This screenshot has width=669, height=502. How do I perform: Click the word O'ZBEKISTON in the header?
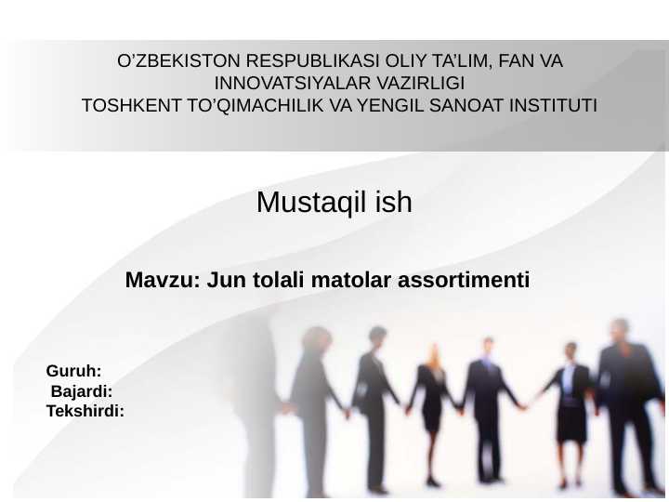pyautogui.click(x=162, y=62)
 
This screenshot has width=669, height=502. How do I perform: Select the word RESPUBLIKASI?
pyautogui.click(x=278, y=62)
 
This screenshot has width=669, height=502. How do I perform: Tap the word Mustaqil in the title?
pyautogui.click(x=299, y=202)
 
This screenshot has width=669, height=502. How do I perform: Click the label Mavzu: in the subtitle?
pyautogui.click(x=162, y=279)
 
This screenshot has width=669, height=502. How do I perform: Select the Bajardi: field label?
pyautogui.click(x=82, y=390)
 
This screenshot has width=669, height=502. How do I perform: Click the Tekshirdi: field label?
pyautogui.click(x=85, y=409)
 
